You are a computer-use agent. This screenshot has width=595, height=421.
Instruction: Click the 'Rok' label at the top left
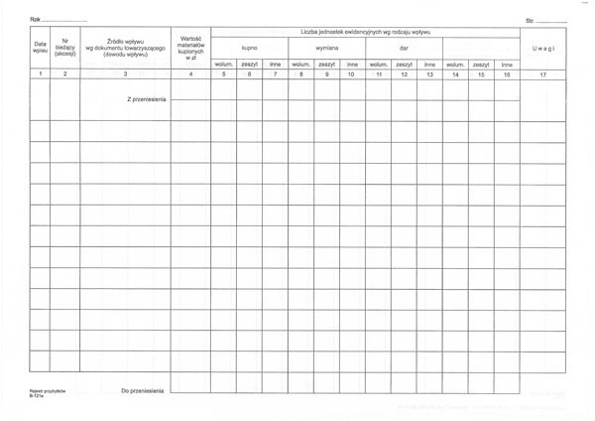pos(35,19)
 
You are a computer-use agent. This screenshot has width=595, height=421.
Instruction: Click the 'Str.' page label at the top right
pos(531,19)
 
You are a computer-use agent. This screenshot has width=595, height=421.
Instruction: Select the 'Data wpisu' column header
pos(40,48)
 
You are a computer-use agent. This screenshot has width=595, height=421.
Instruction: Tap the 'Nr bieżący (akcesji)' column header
pos(65,48)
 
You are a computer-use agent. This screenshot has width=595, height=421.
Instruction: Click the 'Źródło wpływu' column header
pos(126,48)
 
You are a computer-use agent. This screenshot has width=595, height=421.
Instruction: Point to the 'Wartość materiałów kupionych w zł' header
pos(190,48)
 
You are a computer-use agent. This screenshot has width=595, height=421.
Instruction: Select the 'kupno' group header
pos(249,48)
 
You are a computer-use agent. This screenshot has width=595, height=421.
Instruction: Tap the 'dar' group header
pos(404,48)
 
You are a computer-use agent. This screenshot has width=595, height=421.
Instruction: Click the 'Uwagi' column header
pos(542,48)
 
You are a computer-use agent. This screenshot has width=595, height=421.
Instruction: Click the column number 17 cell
pos(542,74)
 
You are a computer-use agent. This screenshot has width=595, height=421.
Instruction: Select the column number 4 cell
pos(190,74)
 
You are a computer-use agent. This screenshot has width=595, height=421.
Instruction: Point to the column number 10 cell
pos(352,74)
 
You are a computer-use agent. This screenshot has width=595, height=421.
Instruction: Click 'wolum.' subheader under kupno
pos(224,64)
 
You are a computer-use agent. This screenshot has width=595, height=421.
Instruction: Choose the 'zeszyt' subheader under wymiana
pos(326,64)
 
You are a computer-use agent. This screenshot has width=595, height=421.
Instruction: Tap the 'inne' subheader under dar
pos(429,64)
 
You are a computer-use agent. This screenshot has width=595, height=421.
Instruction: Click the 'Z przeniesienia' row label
pos(145,99)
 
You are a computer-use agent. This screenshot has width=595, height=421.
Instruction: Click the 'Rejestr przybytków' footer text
pos(48,391)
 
